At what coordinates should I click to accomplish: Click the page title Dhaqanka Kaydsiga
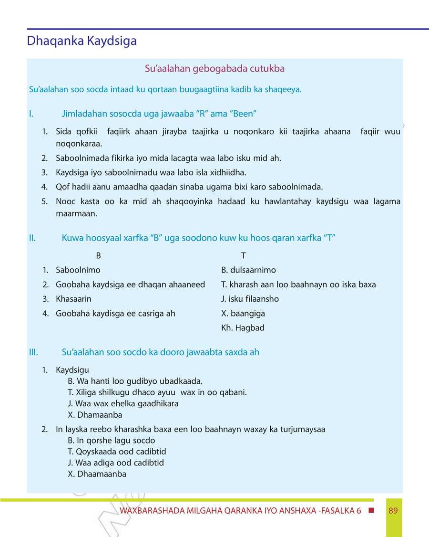[x=82, y=41]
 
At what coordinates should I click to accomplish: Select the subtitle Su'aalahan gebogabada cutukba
[x=214, y=69]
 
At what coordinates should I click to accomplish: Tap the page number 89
[x=393, y=511]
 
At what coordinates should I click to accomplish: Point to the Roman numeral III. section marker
[x=33, y=352]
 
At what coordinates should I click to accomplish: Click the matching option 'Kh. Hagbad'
[x=243, y=328]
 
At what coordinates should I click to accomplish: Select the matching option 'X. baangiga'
[x=243, y=314]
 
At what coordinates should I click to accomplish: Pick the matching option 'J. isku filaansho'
[x=250, y=299]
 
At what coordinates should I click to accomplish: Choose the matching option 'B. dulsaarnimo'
[x=248, y=270]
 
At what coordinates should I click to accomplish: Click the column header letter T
[x=244, y=256]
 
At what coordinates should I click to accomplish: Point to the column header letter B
[x=98, y=256]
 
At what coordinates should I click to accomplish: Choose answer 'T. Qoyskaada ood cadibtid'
[x=117, y=452]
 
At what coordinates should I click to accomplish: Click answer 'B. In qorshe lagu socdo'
[x=112, y=441]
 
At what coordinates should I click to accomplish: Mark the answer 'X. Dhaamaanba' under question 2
[x=97, y=474]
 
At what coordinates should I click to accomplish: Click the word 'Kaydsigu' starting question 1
[x=72, y=370]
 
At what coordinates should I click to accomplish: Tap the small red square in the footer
[x=371, y=511]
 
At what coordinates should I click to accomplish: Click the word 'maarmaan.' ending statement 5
[x=76, y=214]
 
